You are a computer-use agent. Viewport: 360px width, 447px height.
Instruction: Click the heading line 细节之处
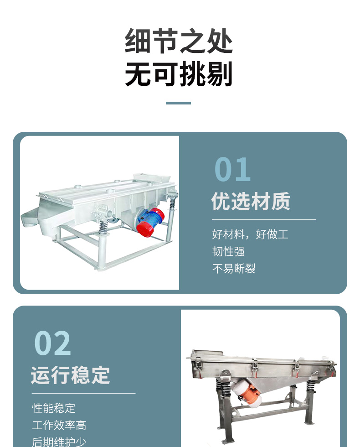(x=179, y=41)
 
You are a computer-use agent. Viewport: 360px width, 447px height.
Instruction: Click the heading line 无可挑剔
(x=179, y=73)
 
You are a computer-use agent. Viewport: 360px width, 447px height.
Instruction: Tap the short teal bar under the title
(x=178, y=103)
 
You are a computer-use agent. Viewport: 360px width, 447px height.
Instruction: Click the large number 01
(x=232, y=169)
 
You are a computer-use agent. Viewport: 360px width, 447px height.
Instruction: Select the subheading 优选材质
(x=251, y=201)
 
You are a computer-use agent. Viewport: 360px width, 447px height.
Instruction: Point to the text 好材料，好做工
(x=250, y=234)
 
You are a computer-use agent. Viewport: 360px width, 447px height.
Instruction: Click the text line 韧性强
(x=228, y=251)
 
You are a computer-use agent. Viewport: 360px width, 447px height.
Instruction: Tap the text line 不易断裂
(x=233, y=269)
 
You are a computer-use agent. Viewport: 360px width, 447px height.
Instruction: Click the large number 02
(x=52, y=343)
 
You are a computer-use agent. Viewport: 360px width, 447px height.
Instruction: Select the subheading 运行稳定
(x=70, y=375)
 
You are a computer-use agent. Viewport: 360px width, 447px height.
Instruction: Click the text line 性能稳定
(x=54, y=408)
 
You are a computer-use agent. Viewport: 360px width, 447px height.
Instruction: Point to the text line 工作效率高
(x=59, y=425)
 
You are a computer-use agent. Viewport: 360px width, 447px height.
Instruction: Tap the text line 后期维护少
(x=59, y=442)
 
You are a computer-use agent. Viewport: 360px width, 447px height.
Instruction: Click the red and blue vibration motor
(x=150, y=222)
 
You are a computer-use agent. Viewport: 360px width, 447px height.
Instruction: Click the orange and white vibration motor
(x=247, y=392)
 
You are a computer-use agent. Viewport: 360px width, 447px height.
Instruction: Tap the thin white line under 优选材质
(x=264, y=219)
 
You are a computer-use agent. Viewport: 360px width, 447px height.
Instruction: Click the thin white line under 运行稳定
(x=83, y=393)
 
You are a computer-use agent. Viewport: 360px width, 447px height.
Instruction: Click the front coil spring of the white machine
(x=103, y=227)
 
